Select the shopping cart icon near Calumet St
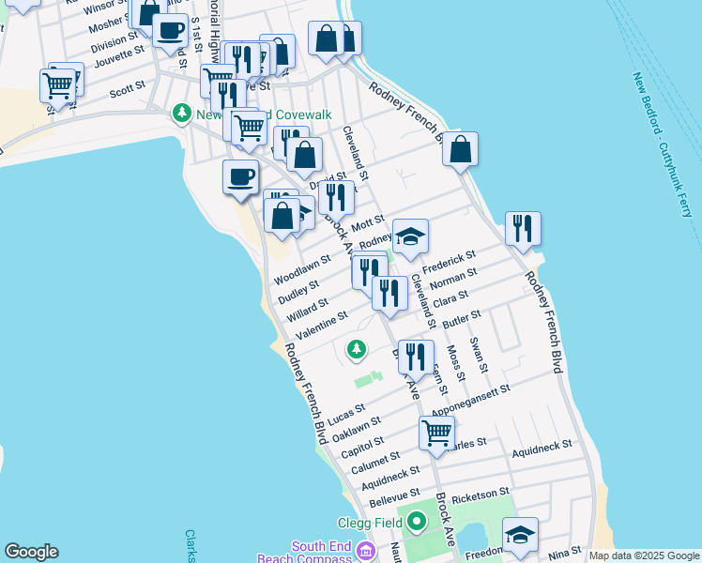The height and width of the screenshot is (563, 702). [x=436, y=433]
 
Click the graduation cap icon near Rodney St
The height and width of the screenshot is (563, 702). [x=410, y=237]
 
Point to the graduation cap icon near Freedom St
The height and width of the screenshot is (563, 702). [x=520, y=535]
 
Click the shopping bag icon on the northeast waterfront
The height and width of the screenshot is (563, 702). [x=460, y=149]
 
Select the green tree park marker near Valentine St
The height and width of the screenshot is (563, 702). [x=356, y=350]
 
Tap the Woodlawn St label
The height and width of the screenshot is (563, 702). [x=302, y=268]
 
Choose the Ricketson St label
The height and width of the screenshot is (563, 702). [x=480, y=493]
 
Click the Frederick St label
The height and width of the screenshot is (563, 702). [x=450, y=262]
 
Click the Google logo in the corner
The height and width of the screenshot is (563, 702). [x=31, y=552]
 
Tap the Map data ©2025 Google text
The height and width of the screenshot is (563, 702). [x=645, y=555]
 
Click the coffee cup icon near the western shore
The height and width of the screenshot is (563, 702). [x=241, y=175]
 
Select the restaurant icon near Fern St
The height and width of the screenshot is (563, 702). [x=416, y=356]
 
